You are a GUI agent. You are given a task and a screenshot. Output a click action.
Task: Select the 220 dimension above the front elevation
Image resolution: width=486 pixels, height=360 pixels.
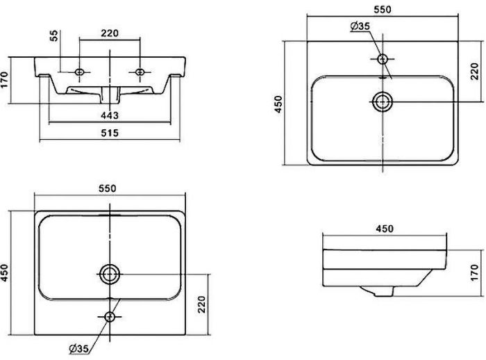pyautogui.click(x=111, y=32)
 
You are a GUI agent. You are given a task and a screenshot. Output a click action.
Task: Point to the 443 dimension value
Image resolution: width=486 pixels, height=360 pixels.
pyautogui.click(x=110, y=115)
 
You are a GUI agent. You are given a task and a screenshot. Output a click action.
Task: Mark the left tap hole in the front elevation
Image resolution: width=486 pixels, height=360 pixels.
pyautogui.click(x=80, y=72)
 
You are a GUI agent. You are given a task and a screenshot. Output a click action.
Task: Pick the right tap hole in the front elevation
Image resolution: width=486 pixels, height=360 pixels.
pyautogui.click(x=142, y=72)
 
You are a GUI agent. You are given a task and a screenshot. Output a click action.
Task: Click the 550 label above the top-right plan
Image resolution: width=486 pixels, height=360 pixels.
pyautogui.click(x=383, y=10)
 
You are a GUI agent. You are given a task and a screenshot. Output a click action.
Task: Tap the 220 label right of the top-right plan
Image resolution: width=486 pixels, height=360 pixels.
pyautogui.click(x=476, y=72)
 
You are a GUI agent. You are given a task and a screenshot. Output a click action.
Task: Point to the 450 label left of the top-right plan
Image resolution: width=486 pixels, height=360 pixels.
pyautogui.click(x=278, y=103)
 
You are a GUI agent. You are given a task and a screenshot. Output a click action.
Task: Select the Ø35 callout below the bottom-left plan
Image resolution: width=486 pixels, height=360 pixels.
pyautogui.click(x=78, y=347)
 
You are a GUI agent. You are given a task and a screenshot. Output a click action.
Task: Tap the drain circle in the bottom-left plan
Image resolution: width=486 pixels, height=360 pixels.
pyautogui.click(x=109, y=274)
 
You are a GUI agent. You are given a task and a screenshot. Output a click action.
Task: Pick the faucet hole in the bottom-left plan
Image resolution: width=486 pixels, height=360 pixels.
pyautogui.click(x=109, y=317)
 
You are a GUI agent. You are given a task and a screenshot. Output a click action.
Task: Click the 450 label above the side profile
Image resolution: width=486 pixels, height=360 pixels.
pyautogui.click(x=385, y=229)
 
